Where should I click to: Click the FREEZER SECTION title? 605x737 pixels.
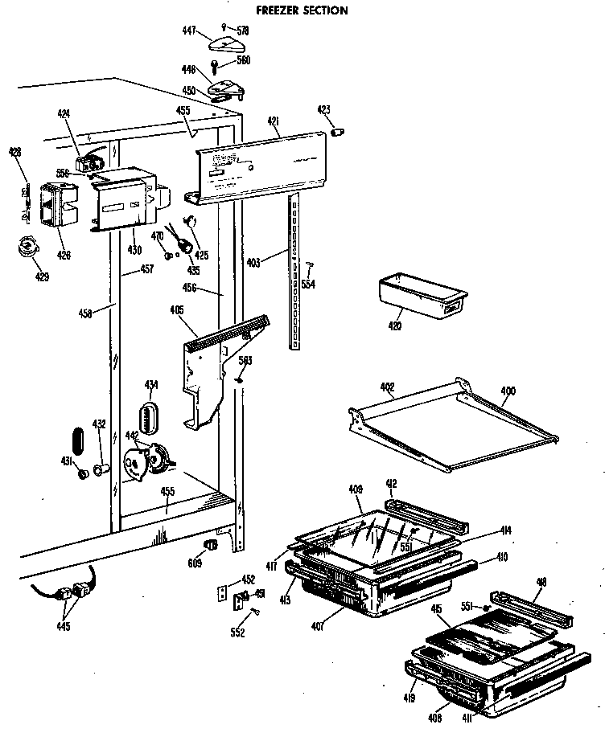click(x=301, y=10)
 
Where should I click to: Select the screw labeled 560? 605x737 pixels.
click(x=216, y=64)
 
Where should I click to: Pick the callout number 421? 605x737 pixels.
click(x=274, y=121)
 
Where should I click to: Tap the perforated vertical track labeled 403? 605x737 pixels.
click(x=296, y=273)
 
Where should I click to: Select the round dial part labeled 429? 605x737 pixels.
click(x=29, y=248)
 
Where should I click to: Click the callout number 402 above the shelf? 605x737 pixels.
click(x=388, y=387)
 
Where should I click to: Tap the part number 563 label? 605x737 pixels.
click(x=245, y=361)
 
